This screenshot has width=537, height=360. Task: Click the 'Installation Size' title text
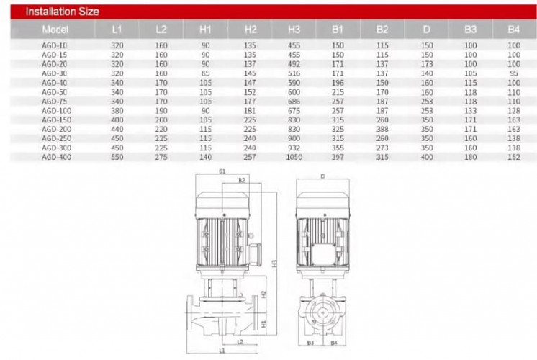tap(62, 12)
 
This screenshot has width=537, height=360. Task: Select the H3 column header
tap(294, 30)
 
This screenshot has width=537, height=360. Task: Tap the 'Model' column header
tap(55, 30)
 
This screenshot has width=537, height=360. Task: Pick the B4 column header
tap(513, 30)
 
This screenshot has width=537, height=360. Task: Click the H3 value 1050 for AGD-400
tap(294, 156)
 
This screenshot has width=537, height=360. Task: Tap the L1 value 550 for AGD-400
tap(117, 156)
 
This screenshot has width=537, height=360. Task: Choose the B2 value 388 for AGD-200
tap(382, 129)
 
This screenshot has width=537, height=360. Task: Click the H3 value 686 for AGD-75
tap(294, 102)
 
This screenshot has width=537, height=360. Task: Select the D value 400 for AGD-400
tap(427, 156)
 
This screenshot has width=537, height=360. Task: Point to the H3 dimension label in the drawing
tap(274, 263)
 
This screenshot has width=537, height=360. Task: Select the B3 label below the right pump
tap(312, 343)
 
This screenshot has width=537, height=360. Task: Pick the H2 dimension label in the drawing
tap(264, 294)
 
